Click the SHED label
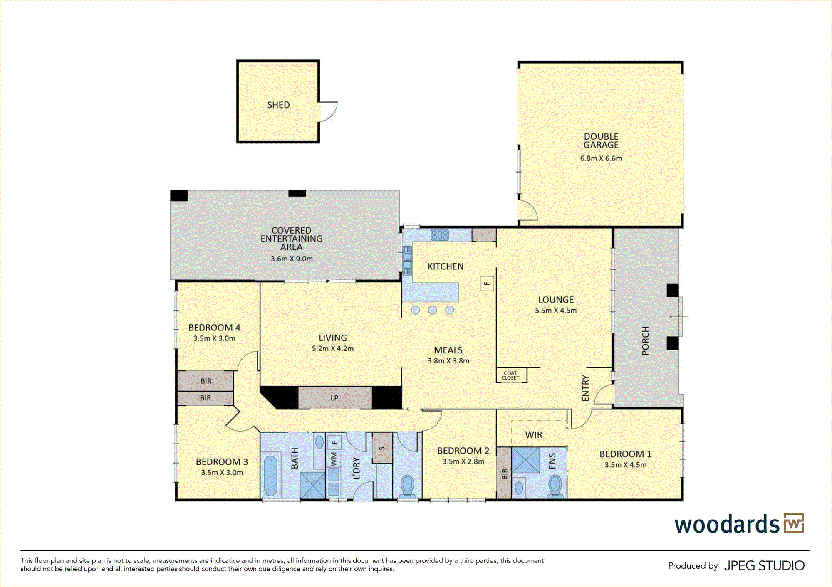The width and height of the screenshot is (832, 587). coord(278,105)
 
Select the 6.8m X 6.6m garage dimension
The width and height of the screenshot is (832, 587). coord(601,158)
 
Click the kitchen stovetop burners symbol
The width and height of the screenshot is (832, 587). coord(440,235)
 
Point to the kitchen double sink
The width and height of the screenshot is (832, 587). coord(407,261)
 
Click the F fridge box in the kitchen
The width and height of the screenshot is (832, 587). coord(487,284)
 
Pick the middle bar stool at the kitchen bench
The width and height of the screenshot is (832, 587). coord(433,310)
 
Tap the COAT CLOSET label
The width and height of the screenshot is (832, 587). coord(510,375)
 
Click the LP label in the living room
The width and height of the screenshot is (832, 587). coord(334,398)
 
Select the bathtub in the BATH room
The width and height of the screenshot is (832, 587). coord(270,476)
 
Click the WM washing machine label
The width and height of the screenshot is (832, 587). coord(334,459)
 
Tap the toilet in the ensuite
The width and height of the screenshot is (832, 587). coord(555,486)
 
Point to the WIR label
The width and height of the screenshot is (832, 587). coord(534,435)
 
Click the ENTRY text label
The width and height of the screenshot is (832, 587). coord(586,388)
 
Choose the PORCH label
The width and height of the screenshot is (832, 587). coord(645,341)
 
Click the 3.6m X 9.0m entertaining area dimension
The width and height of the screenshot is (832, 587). coord(292,259)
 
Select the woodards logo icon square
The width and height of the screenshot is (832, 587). coord(794,523)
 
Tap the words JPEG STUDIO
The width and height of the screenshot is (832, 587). coord(765,566)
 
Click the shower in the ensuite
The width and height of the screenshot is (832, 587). coord(525,460)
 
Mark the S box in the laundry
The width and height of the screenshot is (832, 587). coord(382,448)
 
